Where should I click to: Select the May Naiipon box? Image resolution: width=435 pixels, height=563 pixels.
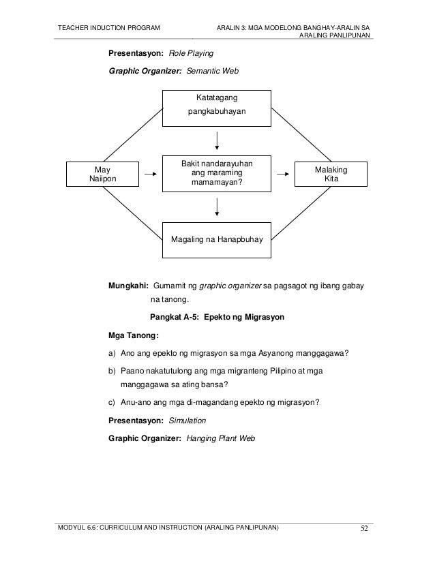tap(103, 174)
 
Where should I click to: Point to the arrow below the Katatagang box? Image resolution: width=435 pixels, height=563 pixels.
tap(217, 139)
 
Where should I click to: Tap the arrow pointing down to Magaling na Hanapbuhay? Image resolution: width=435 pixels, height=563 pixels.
tap(217, 206)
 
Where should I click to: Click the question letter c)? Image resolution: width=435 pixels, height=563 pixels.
tap(111, 401)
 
